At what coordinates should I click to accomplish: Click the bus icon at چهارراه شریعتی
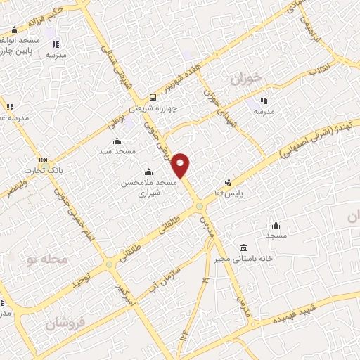tap(153, 98)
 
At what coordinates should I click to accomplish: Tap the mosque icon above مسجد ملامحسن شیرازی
tap(148, 172)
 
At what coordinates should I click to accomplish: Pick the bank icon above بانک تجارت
tap(44, 160)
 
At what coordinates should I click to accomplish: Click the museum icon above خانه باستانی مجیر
tap(243, 247)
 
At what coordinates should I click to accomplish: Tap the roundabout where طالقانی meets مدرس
tap(200, 206)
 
